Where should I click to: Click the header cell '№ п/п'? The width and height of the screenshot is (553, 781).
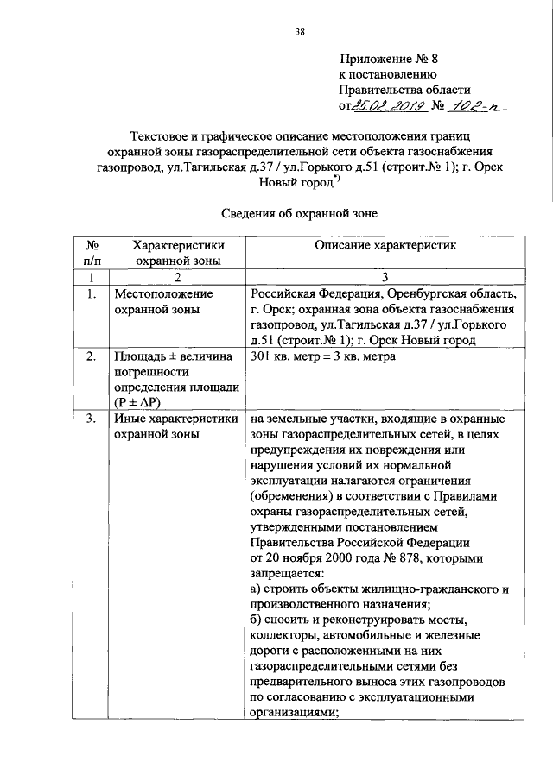click(91, 253)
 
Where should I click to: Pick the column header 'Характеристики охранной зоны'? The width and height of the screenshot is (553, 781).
click(175, 253)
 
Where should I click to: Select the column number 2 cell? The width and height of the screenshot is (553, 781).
click(175, 276)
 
